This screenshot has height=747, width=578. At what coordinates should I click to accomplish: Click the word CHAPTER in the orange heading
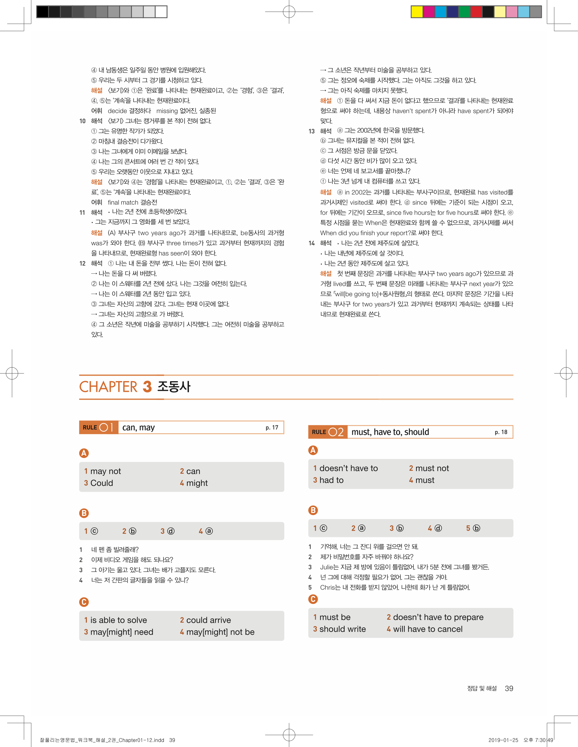click(108, 387)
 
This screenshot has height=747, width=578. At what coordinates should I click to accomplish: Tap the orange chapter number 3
click(147, 387)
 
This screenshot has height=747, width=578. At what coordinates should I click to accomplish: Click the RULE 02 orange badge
click(328, 432)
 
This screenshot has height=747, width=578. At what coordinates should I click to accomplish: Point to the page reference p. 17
click(272, 428)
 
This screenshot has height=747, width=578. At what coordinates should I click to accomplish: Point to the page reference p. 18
click(501, 432)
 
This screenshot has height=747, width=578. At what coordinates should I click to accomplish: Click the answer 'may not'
click(105, 471)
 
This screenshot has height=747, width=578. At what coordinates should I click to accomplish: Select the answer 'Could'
click(101, 483)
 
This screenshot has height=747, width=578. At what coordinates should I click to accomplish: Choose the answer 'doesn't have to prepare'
click(438, 617)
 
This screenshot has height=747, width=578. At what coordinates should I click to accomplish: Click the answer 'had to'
click(332, 480)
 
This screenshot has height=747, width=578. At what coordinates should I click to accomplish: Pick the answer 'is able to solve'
click(118, 620)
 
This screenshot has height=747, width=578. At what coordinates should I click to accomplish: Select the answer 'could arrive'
click(208, 620)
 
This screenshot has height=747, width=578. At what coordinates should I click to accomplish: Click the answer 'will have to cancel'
click(428, 629)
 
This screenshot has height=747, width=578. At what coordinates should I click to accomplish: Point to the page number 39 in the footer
click(509, 688)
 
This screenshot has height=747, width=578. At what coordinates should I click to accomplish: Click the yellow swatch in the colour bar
click(417, 12)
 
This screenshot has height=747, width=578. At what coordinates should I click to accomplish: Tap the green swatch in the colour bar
click(464, 12)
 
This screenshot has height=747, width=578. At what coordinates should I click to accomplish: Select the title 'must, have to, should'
click(390, 432)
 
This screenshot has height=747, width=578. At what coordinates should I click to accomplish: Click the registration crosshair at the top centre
click(289, 12)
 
